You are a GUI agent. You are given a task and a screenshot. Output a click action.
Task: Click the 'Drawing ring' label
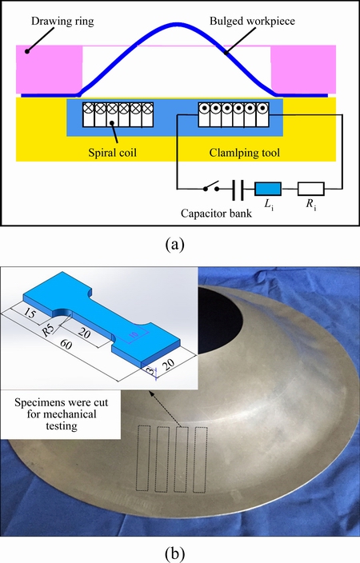pyautogui.click(x=62, y=21)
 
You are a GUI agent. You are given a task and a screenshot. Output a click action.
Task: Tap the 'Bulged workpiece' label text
pyautogui.click(x=252, y=21)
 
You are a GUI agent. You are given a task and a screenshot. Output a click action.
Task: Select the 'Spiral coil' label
pyautogui.click(x=113, y=153)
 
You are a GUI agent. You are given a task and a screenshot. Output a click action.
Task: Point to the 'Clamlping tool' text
pyautogui.click(x=244, y=153)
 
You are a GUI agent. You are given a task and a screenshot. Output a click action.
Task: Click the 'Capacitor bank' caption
pyautogui.click(x=216, y=214)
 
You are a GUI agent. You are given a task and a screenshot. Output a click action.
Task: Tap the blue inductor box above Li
pyautogui.click(x=268, y=189)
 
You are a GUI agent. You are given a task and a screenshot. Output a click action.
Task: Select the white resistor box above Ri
pyautogui.click(x=310, y=189)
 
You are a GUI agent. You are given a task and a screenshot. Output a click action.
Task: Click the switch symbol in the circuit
pyautogui.click(x=211, y=188)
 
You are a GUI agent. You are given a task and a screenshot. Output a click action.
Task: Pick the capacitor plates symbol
pyautogui.click(x=238, y=190)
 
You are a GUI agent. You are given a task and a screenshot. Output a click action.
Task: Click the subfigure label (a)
pyautogui.click(x=175, y=245)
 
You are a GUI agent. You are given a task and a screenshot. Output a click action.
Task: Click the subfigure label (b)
pyautogui.click(x=175, y=553)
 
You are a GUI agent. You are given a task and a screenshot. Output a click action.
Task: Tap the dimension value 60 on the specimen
pyautogui.click(x=66, y=345)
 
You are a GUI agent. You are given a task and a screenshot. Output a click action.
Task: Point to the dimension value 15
pyautogui.click(x=30, y=313)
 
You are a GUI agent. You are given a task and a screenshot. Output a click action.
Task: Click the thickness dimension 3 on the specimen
pyautogui.click(x=152, y=371)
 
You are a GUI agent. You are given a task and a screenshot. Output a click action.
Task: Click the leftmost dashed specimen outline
pyautogui.click(x=143, y=458)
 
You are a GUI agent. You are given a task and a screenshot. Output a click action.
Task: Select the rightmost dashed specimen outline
pyautogui.click(x=200, y=460)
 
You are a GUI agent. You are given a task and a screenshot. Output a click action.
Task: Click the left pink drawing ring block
pyautogui.click(x=50, y=69)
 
